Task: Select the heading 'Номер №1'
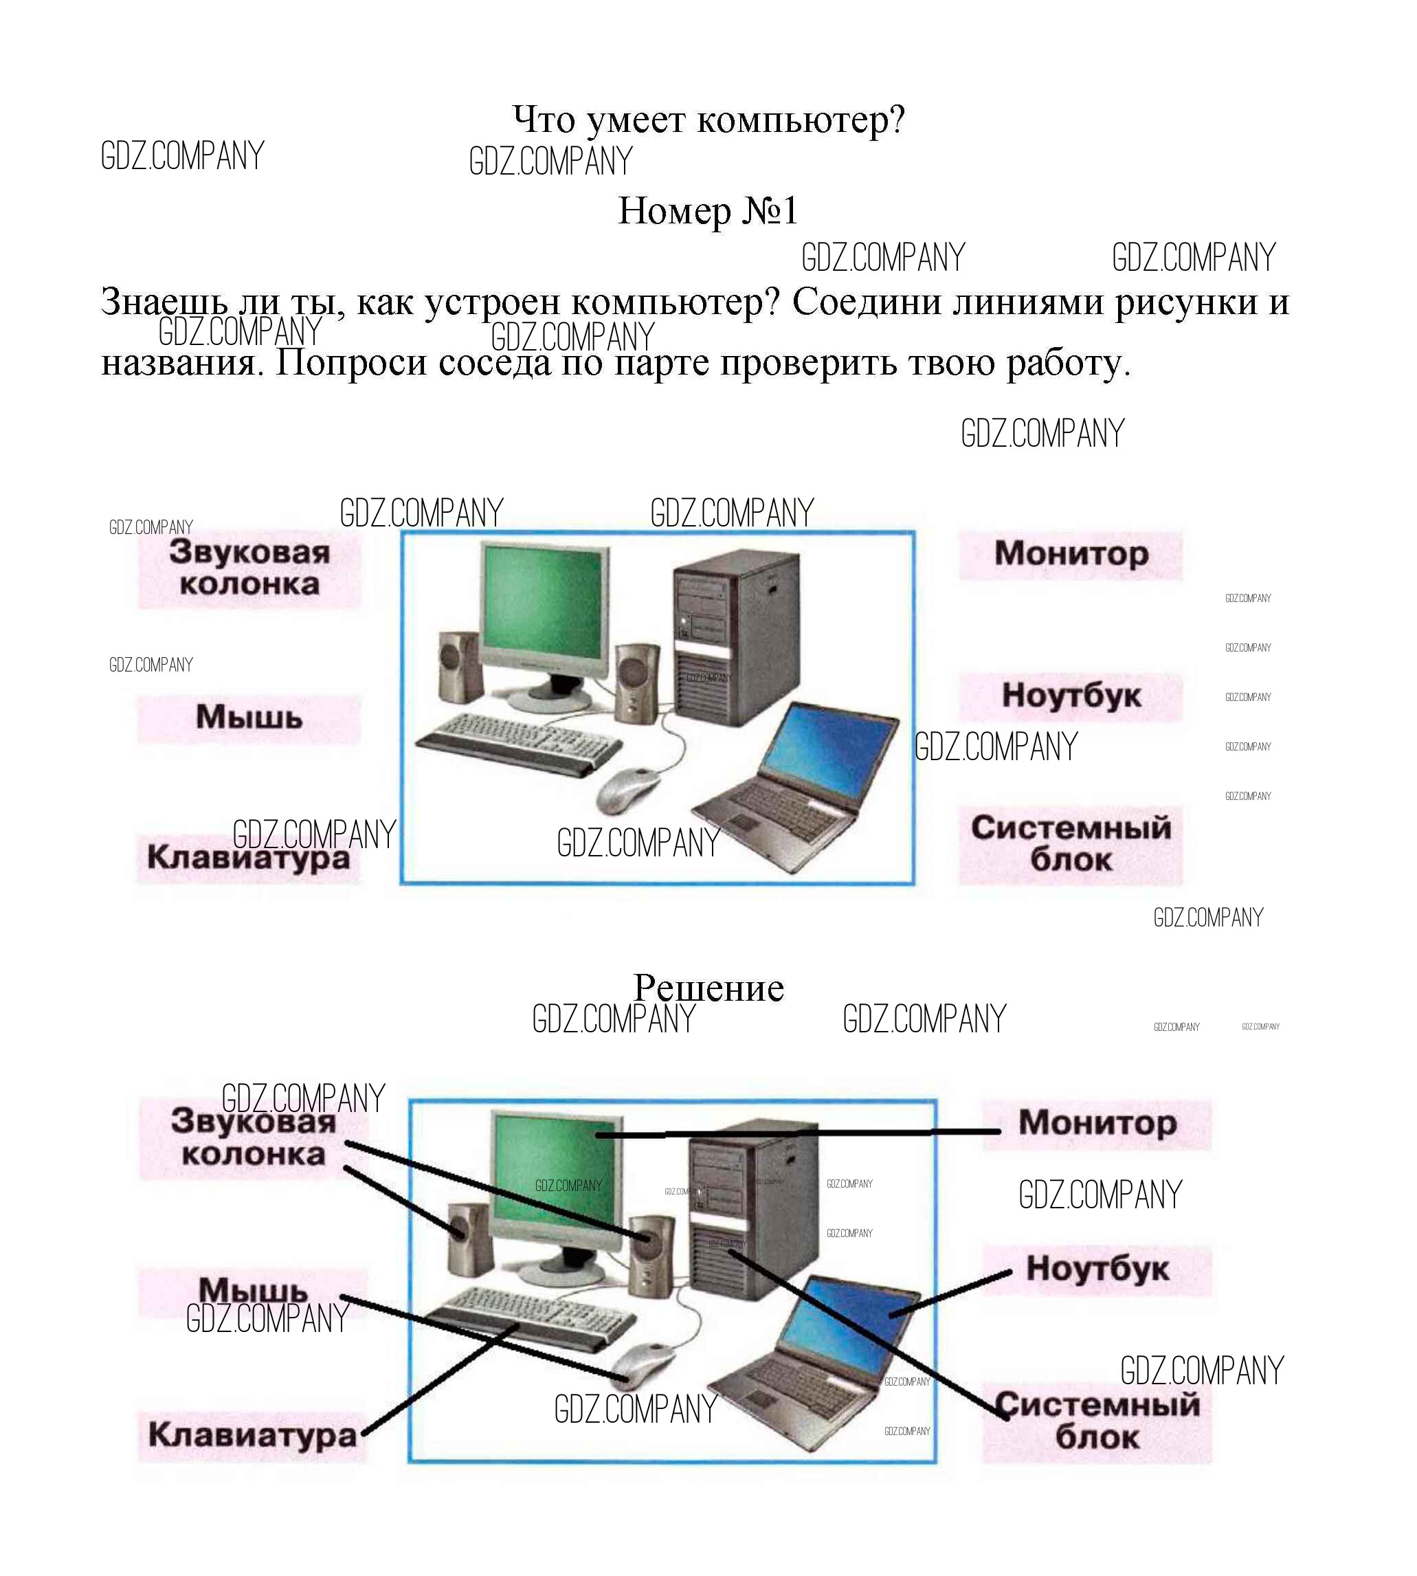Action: [708, 211]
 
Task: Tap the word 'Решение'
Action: [708, 988]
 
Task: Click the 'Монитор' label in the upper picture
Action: [1071, 553]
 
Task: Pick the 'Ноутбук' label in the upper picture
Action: [1071, 696]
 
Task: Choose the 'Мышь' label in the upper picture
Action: [249, 717]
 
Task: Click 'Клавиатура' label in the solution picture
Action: [252, 1434]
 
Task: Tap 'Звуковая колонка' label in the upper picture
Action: [249, 568]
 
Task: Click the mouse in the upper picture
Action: [627, 789]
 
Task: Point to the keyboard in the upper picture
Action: [520, 744]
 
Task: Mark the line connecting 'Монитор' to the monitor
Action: [798, 1133]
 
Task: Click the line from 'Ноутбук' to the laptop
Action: [950, 1294]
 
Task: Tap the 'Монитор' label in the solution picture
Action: [1097, 1124]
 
